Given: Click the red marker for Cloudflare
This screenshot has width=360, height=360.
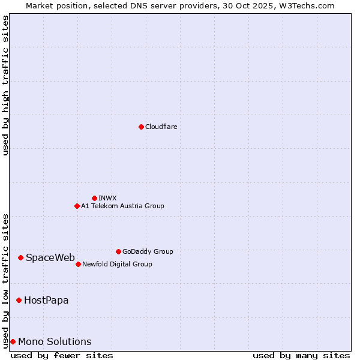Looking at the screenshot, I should pyautogui.click(x=141, y=127).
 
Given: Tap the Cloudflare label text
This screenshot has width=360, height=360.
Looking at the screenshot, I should pyautogui.click(x=161, y=127).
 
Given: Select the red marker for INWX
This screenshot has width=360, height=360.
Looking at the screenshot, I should pyautogui.click(x=94, y=198).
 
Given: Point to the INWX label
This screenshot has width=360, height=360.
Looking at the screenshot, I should pyautogui.click(x=107, y=198).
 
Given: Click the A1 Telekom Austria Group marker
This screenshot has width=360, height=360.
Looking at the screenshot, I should pyautogui.click(x=77, y=206).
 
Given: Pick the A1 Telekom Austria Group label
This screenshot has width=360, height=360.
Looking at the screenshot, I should pyautogui.click(x=122, y=206).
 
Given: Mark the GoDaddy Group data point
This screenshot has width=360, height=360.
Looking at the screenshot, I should pyautogui.click(x=118, y=251).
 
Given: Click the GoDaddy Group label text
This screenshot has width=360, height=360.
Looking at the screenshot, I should pyautogui.click(x=148, y=251).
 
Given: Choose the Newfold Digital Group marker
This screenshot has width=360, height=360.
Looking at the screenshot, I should pyautogui.click(x=78, y=264).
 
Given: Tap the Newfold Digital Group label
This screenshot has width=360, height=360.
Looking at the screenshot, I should pyautogui.click(x=117, y=264).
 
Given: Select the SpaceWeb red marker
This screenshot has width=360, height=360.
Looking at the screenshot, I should pyautogui.click(x=20, y=257).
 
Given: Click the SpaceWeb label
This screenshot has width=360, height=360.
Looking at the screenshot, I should pyautogui.click(x=50, y=257).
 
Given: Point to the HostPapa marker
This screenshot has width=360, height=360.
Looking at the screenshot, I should pyautogui.click(x=19, y=300).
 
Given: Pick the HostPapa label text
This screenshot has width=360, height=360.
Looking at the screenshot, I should pyautogui.click(x=46, y=300).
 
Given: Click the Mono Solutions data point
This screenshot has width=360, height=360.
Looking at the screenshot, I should pyautogui.click(x=13, y=341).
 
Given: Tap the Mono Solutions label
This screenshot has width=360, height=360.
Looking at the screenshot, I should pyautogui.click(x=55, y=341).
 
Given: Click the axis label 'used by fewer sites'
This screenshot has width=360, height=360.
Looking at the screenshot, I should pyautogui.click(x=62, y=355).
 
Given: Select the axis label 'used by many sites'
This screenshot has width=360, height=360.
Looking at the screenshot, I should pyautogui.click(x=301, y=355).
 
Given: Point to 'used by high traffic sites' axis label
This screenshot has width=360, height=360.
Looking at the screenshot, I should pyautogui.click(x=5, y=85).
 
